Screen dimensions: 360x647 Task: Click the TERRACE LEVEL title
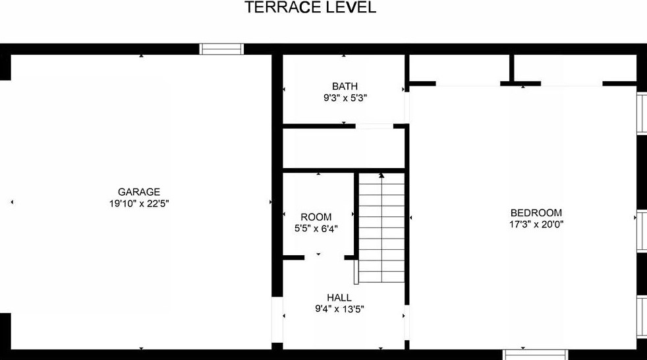point(310,8)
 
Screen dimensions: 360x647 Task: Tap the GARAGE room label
point(139,192)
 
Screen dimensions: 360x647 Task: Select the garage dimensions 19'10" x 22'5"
point(139,204)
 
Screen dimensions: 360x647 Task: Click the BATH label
point(345,86)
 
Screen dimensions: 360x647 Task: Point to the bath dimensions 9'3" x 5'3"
point(345,98)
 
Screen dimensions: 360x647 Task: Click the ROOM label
point(316,217)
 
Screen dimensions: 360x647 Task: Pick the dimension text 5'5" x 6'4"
point(316,229)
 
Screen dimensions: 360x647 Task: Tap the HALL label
point(339,297)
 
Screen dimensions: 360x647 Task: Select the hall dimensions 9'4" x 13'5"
point(339,309)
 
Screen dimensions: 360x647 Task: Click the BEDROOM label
point(536,212)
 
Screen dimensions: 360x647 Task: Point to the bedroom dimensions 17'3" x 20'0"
point(536,224)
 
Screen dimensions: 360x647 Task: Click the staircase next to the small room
point(381,227)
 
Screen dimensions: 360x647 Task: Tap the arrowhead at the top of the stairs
point(381,175)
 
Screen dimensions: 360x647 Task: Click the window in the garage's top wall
point(222,49)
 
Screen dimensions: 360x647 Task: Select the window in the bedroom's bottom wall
point(535,354)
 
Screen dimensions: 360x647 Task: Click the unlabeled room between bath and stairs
point(343,148)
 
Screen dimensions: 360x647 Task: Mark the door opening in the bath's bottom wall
point(374,125)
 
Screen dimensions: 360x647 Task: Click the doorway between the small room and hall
point(323,257)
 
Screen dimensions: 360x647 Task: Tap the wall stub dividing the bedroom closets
point(511,69)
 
